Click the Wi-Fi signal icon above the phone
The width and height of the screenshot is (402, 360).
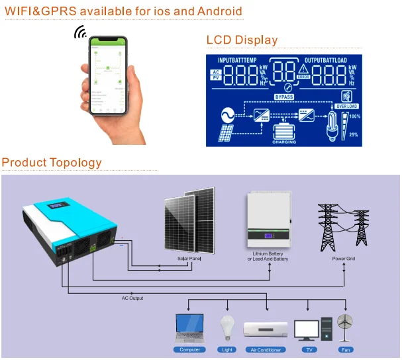pos(80,32)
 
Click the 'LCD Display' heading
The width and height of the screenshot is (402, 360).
pos(242,40)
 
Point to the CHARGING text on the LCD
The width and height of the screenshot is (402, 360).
pos(285,142)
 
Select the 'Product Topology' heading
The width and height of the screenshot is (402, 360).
pos(52,162)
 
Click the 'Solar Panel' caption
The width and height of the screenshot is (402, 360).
pos(189,258)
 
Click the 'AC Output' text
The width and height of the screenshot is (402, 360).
pos(132,298)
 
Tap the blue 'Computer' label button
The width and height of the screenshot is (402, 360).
pos(189,349)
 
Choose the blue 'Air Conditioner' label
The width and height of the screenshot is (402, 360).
pos(266,349)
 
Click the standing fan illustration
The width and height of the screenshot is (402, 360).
pos(344,327)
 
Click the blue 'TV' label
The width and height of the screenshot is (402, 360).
pos(307,349)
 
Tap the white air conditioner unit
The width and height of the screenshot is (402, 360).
pos(266,330)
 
